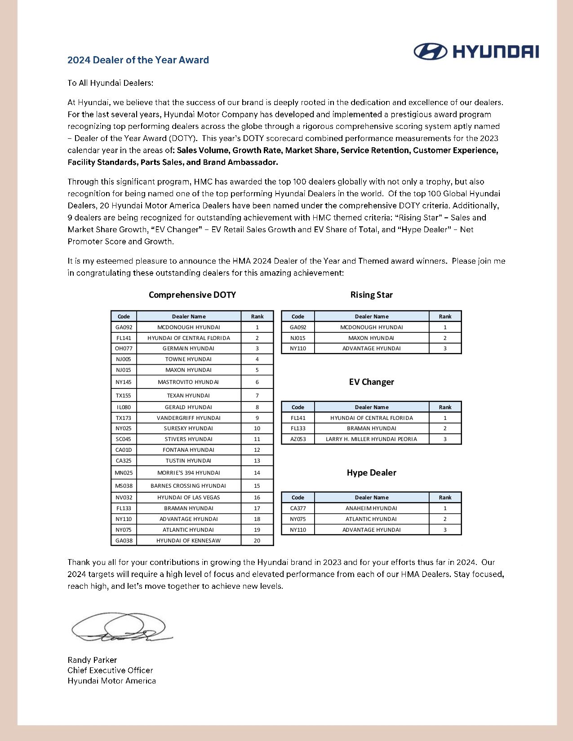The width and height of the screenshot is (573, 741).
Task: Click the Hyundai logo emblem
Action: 430,52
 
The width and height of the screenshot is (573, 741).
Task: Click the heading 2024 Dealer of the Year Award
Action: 138,60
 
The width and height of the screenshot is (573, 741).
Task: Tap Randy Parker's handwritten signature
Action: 120,628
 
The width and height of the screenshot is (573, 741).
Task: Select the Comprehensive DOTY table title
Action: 192,295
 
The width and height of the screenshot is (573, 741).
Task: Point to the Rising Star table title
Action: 371,295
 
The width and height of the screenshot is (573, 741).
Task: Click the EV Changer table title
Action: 371,382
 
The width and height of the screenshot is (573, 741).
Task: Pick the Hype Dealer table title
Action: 371,473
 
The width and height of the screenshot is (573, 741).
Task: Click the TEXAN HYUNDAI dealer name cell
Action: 188,396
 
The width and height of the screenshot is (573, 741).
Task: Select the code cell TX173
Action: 124,418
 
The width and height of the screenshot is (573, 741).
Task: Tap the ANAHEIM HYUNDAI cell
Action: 371,508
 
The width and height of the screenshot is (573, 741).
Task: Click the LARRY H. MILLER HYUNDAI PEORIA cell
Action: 371,439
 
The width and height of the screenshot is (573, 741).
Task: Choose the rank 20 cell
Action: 257,541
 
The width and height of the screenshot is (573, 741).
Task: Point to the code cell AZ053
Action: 298,439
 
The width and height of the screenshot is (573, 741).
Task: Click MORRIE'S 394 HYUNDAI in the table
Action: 188,473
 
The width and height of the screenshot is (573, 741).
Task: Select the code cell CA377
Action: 298,508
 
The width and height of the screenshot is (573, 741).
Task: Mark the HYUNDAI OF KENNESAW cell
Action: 188,541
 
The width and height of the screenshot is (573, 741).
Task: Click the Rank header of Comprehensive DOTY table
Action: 257,317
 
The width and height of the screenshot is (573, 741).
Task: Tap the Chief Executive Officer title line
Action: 110,670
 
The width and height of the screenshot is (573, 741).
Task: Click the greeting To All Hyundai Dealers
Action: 110,83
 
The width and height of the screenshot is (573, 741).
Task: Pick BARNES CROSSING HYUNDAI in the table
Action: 188,486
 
